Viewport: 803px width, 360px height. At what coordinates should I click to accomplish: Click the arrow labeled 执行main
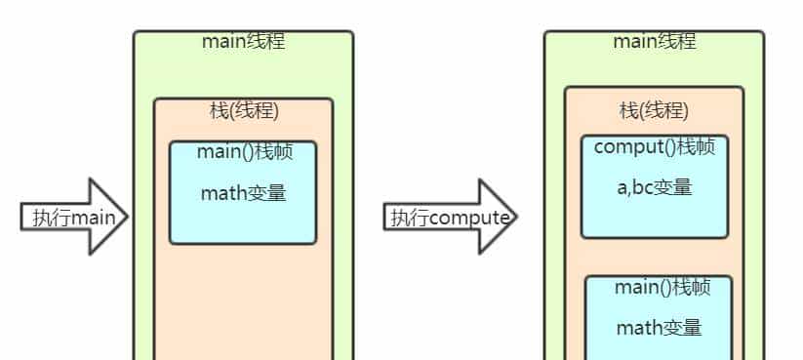pos(74,217)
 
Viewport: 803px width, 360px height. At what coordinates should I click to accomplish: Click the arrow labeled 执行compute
pos(449,217)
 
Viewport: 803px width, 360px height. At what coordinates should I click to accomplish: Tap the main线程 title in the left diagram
pos(243,41)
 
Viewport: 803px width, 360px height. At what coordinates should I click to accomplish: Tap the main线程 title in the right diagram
pos(654,41)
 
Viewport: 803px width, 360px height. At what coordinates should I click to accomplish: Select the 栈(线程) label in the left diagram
pos(244,110)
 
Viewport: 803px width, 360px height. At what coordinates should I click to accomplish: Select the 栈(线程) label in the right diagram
pos(654,110)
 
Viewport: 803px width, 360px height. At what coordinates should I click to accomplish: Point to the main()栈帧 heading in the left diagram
pos(242,152)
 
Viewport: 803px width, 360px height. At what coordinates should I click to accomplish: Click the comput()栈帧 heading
pos(654,147)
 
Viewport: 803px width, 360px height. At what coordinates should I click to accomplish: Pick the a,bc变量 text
pos(654,187)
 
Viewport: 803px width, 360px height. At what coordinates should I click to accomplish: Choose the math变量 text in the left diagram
pos(243,193)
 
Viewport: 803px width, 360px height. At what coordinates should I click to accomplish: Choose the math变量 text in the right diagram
pos(659,328)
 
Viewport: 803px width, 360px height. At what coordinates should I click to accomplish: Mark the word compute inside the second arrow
pos(469,218)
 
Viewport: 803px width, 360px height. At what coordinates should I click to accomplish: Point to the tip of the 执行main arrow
pos(126,217)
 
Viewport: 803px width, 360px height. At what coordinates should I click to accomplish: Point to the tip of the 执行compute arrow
pos(514,217)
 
